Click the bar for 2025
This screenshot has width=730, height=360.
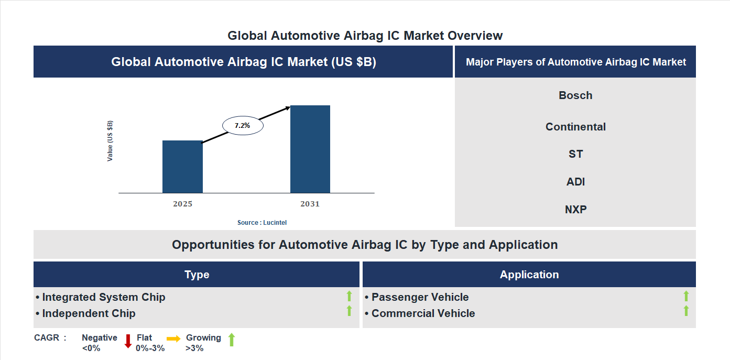tap(182, 167)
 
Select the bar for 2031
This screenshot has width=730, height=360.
tap(310, 149)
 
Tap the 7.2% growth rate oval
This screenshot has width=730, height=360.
tap(243, 126)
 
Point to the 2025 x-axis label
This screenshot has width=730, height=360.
tap(182, 204)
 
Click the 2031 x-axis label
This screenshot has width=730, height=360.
tap(310, 204)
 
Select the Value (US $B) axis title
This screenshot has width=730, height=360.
tap(110, 141)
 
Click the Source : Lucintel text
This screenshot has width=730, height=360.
tap(262, 223)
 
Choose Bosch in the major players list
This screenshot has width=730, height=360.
tap(575, 95)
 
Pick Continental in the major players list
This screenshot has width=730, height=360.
tap(575, 127)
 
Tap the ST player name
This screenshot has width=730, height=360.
tap(575, 154)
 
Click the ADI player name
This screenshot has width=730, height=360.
tap(575, 182)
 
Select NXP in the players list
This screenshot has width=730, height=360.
tap(575, 210)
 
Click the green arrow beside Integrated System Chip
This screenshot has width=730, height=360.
tap(349, 296)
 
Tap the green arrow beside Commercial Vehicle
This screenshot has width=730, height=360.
tap(686, 311)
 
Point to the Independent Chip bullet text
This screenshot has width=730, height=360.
tap(89, 313)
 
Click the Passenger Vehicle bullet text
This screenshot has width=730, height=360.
tap(420, 297)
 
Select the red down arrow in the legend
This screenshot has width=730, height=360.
tap(128, 341)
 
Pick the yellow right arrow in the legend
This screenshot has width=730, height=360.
tap(173, 339)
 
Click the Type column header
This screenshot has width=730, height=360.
tap(197, 275)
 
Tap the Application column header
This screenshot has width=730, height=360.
tap(529, 275)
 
